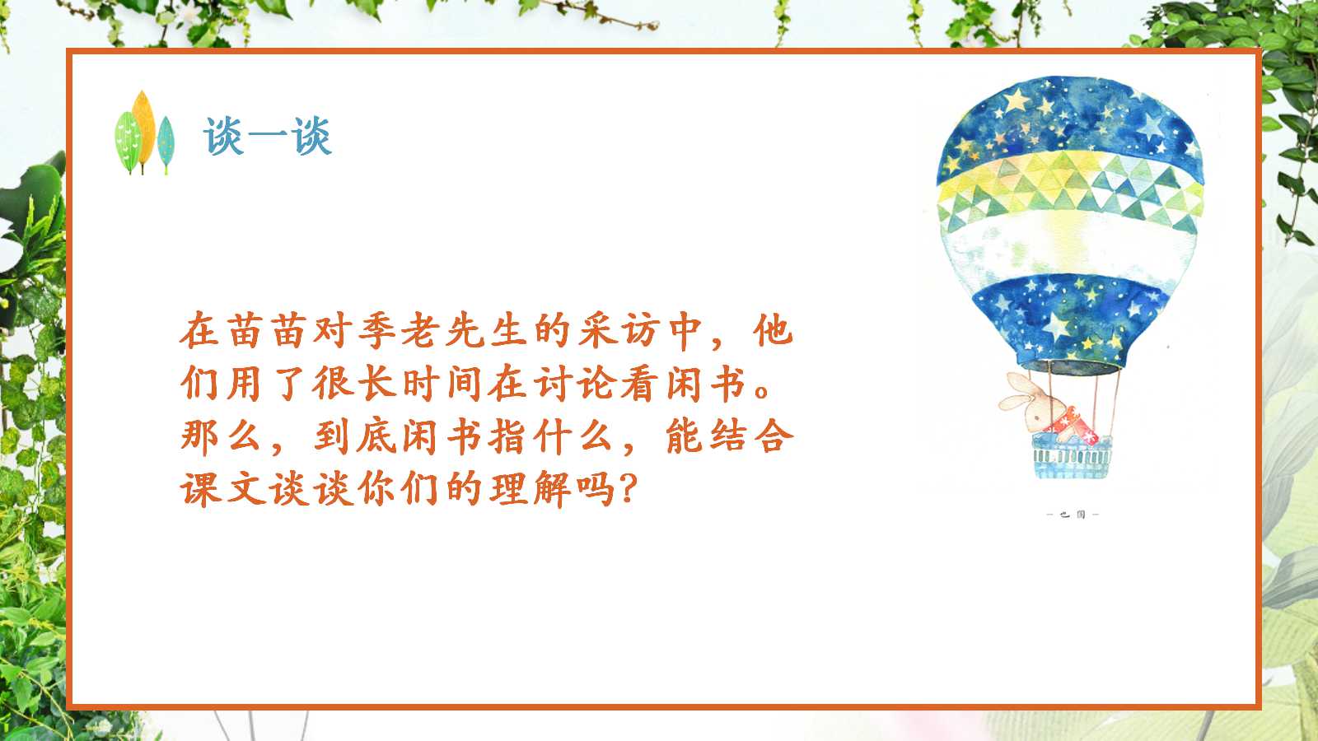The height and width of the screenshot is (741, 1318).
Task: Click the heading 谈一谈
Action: tap(267, 136)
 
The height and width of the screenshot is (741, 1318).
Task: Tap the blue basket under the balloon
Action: tap(1072, 461)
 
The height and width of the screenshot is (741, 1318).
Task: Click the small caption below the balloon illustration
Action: tap(1072, 515)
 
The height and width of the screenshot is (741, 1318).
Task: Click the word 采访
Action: tap(618, 331)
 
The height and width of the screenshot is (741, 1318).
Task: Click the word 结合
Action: tap(728, 436)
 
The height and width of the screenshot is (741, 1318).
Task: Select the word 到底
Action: tap(354, 436)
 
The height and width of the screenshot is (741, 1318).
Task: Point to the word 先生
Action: tap(485, 331)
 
